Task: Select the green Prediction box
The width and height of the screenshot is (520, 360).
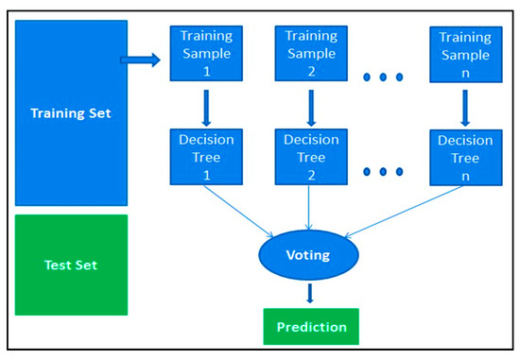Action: coord(312,327)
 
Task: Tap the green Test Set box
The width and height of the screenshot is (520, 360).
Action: coord(71,265)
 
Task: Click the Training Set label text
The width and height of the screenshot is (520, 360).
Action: coord(71,114)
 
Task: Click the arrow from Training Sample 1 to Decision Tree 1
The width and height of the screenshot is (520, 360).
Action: coord(203,107)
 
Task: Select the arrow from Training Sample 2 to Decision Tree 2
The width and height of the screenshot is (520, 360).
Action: coord(311,107)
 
